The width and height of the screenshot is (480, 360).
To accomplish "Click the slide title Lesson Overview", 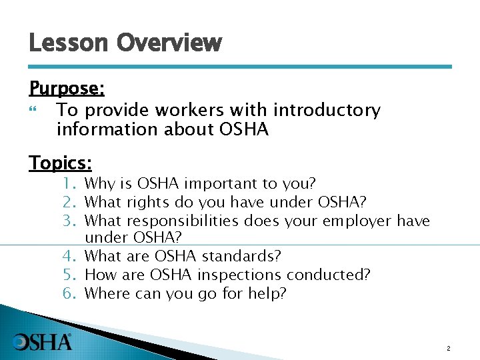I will (x=125, y=43).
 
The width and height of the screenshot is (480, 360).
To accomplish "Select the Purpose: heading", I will (x=67, y=89).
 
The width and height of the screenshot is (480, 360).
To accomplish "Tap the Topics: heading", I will (x=61, y=163).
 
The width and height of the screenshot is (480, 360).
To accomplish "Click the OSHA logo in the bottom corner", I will (x=43, y=342).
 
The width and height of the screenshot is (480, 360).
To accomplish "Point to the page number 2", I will (x=449, y=349).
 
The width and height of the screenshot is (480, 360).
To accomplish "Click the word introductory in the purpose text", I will (x=327, y=110).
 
